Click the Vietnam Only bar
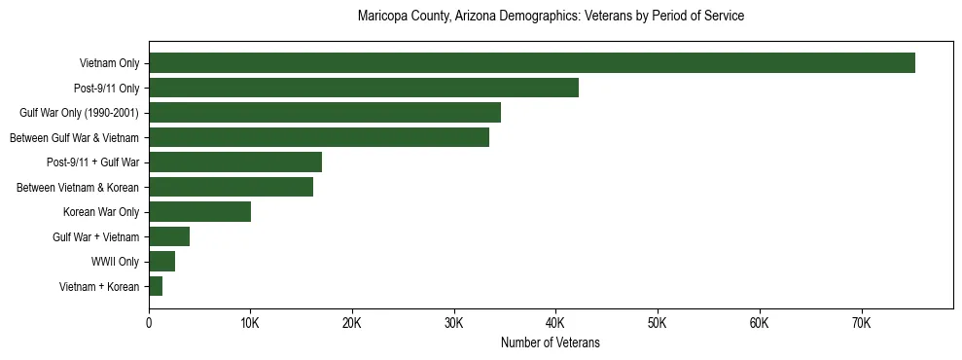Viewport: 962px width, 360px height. click(x=531, y=63)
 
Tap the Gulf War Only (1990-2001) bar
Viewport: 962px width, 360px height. click(x=324, y=113)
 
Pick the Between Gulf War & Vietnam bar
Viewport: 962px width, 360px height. click(x=318, y=137)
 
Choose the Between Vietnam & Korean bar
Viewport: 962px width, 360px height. click(x=231, y=187)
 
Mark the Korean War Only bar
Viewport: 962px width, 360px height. click(x=199, y=212)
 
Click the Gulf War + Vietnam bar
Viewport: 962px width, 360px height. click(x=168, y=236)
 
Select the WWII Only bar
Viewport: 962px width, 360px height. click(x=161, y=262)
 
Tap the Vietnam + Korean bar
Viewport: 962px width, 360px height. click(x=155, y=286)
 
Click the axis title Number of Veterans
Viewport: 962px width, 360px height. click(x=550, y=342)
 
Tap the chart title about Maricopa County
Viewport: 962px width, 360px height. click(x=551, y=17)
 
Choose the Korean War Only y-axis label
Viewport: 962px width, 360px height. click(x=101, y=212)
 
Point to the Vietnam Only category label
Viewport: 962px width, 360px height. click(x=109, y=63)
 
